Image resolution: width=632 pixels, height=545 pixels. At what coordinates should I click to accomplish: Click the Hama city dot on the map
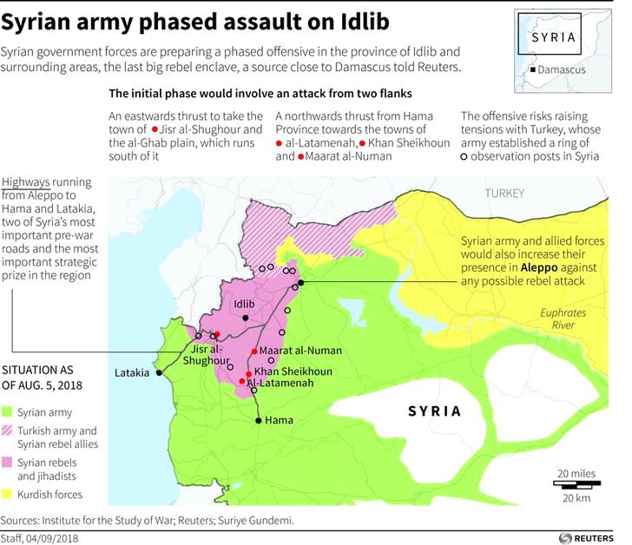[258, 421]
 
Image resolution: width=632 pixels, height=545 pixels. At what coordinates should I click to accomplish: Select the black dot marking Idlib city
[247, 318]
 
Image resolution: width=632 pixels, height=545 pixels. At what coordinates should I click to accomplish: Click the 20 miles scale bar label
[577, 472]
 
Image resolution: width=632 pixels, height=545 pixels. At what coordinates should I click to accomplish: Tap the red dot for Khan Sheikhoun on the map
[248, 373]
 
